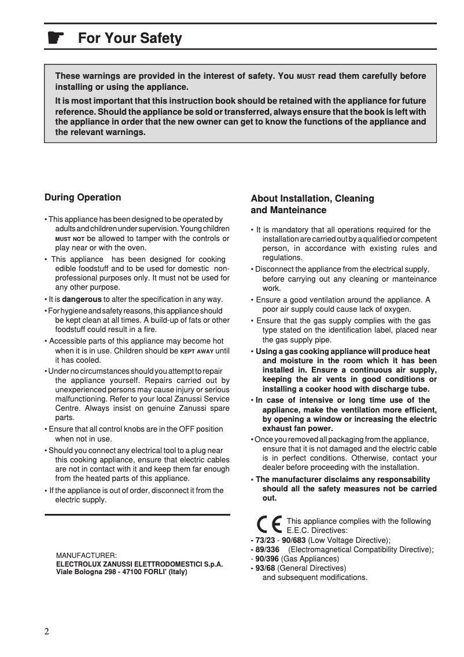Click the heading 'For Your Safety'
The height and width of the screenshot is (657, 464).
[x=130, y=38]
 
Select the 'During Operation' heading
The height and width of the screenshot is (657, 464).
[x=83, y=198]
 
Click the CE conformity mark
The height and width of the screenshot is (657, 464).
[x=270, y=524]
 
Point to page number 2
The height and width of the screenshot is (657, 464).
[x=47, y=632]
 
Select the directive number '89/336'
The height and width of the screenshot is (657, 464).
[x=267, y=549]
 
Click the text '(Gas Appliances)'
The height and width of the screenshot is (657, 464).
[x=310, y=559]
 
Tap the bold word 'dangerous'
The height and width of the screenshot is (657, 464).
[x=82, y=300]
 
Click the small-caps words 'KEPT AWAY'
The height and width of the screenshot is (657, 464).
[x=197, y=351]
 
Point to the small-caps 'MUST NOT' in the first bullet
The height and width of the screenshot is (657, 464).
[x=69, y=239]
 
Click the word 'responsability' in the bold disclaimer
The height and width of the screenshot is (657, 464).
[x=404, y=479]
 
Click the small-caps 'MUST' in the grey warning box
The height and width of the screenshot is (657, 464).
[x=306, y=76]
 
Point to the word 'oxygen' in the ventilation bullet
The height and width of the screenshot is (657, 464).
[x=397, y=309]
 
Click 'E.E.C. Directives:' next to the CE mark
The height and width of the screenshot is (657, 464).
[x=317, y=530]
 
